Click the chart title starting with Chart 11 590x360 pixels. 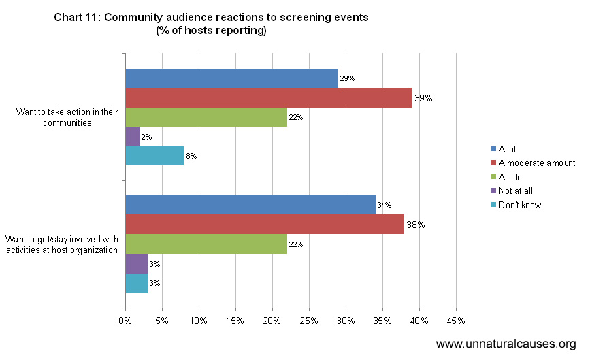[x=211, y=24]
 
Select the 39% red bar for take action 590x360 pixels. [x=268, y=98]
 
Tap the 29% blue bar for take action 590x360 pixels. [x=231, y=79]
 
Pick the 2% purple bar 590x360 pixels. [x=132, y=137]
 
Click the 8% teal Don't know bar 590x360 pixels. [x=154, y=156]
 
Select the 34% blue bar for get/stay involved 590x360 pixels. [x=250, y=205]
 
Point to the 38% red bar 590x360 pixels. [x=265, y=225]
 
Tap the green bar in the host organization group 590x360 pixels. [x=206, y=244]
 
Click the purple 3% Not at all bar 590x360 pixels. [x=136, y=263]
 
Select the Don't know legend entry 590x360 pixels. [x=519, y=205]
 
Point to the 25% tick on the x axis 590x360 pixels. [x=309, y=321]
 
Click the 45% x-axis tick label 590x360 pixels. [x=456, y=321]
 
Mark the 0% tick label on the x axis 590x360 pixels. [x=125, y=321]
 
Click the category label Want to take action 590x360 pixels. [x=62, y=117]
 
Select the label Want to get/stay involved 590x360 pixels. [x=62, y=244]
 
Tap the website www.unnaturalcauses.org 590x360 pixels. [x=506, y=344]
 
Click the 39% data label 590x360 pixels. [x=424, y=98]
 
